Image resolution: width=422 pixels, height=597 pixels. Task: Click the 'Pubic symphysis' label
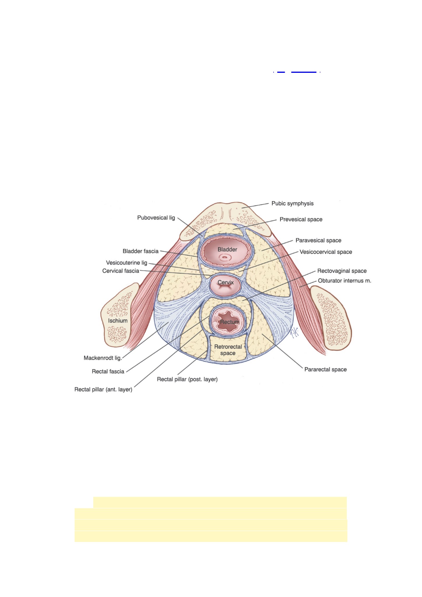(292, 204)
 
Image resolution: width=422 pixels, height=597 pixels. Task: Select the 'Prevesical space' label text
(301, 219)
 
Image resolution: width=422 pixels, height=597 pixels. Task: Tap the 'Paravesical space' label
(318, 240)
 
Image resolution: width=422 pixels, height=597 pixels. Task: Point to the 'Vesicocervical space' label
(326, 252)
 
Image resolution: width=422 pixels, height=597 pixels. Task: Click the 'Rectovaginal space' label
(342, 271)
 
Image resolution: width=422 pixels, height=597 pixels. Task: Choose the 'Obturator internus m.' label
(344, 281)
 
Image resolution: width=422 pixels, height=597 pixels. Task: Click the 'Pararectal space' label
(326, 369)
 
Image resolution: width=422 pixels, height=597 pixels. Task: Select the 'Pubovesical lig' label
(156, 218)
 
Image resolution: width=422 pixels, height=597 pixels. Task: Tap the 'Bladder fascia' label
(140, 251)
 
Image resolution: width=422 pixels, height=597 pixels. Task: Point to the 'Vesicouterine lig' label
(126, 263)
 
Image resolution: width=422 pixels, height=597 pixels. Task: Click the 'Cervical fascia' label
(121, 271)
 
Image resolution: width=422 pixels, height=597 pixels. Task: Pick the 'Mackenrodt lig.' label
(103, 358)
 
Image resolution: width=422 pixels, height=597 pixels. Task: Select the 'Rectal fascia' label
(108, 371)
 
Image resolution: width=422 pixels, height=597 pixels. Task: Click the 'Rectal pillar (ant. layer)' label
(103, 389)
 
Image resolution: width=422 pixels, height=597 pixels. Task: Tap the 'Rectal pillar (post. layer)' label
(187, 379)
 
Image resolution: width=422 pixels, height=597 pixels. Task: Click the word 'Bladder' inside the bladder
(227, 249)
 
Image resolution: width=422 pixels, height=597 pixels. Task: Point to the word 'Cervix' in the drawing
(226, 282)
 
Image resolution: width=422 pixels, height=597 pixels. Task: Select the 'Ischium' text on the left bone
(118, 321)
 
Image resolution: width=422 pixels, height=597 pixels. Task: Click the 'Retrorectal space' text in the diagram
(228, 350)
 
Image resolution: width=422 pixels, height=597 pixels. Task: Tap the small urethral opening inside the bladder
(224, 257)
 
